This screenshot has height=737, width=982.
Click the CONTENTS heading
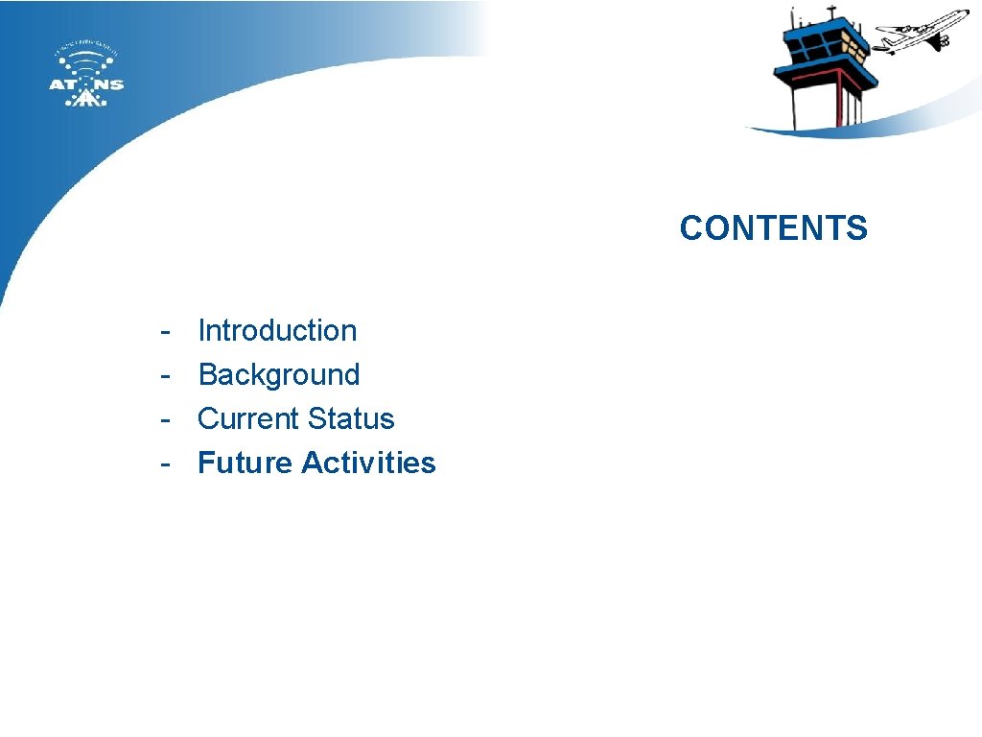click(773, 228)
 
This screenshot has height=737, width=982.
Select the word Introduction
click(277, 331)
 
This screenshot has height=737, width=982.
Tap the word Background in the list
click(278, 375)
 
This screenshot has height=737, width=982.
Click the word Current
click(245, 419)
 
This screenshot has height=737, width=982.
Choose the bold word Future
click(245, 464)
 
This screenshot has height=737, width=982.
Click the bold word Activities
click(368, 464)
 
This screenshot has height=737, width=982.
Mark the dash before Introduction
click(166, 331)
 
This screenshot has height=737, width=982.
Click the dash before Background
click(166, 375)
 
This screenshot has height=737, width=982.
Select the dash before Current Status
click(166, 419)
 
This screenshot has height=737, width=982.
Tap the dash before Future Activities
click(166, 464)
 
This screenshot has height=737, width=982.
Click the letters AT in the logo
click(63, 84)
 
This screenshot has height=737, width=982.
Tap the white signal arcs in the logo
click(86, 61)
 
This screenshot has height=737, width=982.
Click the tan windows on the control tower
click(853, 45)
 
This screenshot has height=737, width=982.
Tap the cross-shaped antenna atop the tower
click(831, 12)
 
